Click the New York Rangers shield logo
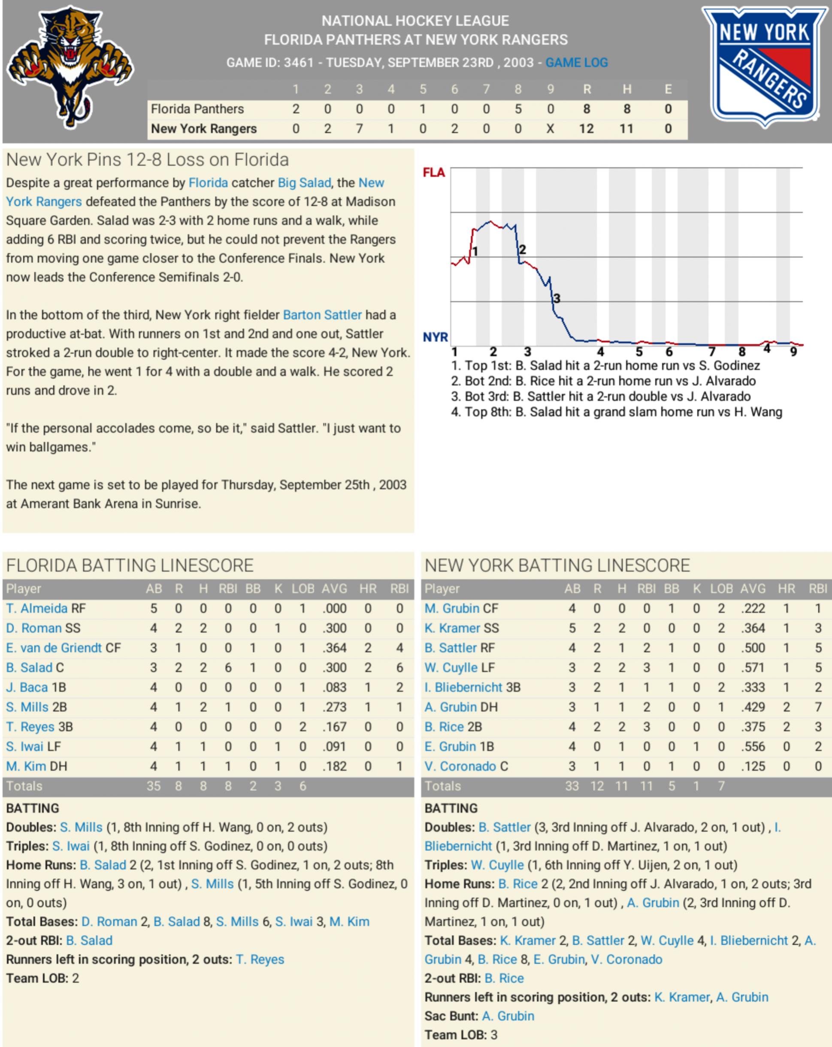point(764,66)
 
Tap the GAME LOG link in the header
point(576,63)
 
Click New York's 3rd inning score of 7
point(359,129)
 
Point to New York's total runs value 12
point(587,129)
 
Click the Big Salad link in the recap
point(304,183)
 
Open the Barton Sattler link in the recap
point(322,315)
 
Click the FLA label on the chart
point(433,173)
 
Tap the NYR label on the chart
point(435,337)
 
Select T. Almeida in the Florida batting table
point(37,608)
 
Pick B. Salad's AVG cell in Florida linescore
point(334,668)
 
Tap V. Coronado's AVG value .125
point(753,766)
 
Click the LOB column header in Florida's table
point(303,589)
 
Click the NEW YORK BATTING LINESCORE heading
point(557,566)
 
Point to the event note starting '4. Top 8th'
point(616,412)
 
